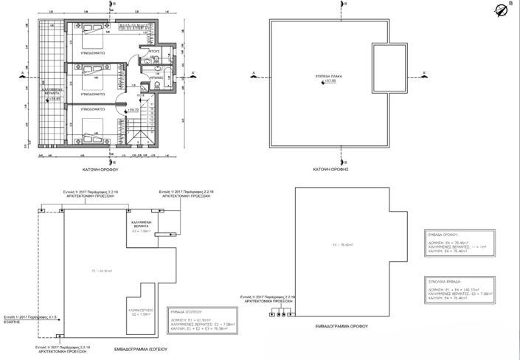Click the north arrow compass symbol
coord(504,10)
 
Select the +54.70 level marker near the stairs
coord(134,109)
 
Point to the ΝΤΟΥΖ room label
coord(155,52)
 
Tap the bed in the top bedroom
coord(94,27)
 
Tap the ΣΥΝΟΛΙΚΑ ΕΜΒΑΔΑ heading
coord(443,281)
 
